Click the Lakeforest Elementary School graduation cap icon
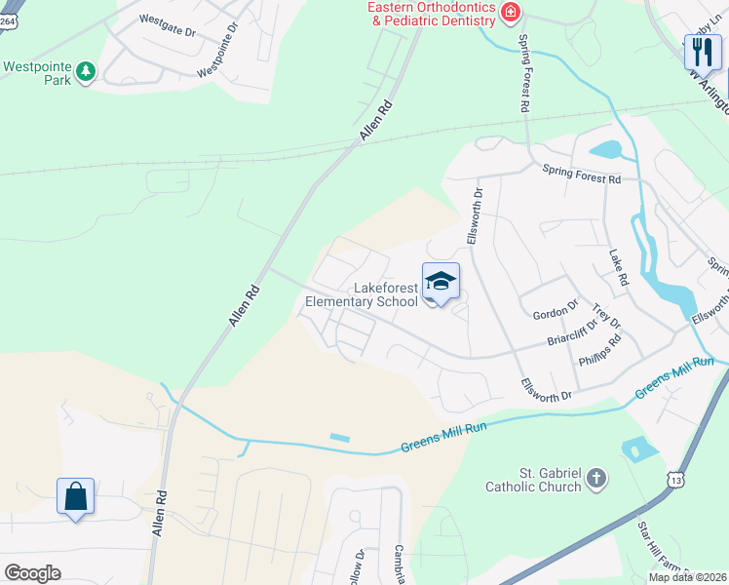click(441, 281)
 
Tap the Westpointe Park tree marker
click(87, 70)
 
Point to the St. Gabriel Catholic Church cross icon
click(596, 479)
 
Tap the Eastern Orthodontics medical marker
click(509, 12)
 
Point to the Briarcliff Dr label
click(572, 333)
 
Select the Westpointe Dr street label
click(218, 55)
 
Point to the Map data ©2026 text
click(686, 577)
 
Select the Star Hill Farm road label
click(659, 552)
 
